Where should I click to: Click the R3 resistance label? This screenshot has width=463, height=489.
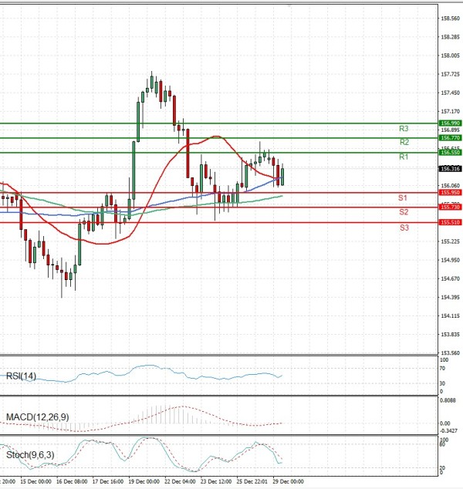[404, 129]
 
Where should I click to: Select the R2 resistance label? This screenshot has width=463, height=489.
[404, 143]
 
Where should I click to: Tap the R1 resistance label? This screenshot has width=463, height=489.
[404, 157]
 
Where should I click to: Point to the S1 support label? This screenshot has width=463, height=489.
[404, 198]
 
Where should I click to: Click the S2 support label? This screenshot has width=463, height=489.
[404, 212]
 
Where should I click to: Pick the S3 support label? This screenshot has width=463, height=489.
[404, 228]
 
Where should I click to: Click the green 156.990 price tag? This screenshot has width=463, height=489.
[450, 123]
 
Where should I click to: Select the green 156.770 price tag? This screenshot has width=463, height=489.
[450, 138]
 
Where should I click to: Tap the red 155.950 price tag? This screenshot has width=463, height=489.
[450, 193]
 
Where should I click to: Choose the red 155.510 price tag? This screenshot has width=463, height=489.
[450, 222]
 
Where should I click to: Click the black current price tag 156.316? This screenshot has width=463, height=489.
[450, 169]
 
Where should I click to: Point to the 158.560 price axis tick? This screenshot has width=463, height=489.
[450, 18]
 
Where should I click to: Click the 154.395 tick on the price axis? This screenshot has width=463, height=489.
[450, 297]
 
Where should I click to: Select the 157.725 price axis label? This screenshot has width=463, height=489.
[450, 74]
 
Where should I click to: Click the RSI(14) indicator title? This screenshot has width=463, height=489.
[21, 376]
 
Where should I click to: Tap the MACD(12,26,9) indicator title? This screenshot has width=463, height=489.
[37, 417]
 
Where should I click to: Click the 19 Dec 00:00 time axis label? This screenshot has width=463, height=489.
[143, 481]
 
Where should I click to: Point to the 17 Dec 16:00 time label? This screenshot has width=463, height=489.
[107, 481]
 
